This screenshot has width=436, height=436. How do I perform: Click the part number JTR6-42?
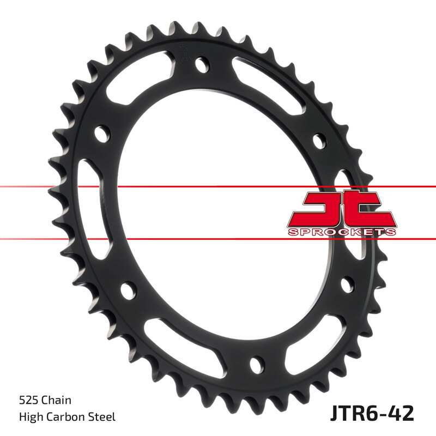click(373, 412)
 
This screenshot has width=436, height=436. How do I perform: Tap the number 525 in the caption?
click(28, 401)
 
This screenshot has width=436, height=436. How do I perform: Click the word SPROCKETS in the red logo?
click(342, 232)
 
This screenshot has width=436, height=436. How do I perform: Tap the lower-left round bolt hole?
click(127, 289)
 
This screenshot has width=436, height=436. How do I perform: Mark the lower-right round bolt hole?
click(347, 284)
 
